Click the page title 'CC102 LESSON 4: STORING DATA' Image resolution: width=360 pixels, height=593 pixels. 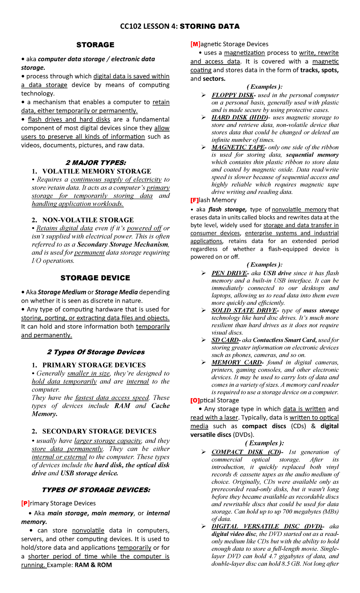point(180,26)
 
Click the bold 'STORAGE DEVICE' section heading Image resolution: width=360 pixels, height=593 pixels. point(95,278)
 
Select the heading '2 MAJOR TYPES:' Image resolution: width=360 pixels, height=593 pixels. point(96,163)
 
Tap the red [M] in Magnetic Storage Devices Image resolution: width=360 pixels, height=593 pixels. point(195,44)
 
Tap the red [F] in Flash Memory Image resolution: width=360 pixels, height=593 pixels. point(194,200)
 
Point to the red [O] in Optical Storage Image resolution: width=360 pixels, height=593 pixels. point(195,400)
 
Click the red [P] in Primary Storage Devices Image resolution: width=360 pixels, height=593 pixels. point(25,503)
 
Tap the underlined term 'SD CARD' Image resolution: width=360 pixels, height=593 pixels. point(225,340)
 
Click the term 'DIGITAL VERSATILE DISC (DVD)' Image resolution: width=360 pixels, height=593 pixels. point(266,526)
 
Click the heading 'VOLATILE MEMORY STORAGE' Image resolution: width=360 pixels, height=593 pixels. point(97,171)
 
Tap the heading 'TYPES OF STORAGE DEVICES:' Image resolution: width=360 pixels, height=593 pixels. point(96,490)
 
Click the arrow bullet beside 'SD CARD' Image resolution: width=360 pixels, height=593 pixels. point(204,340)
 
